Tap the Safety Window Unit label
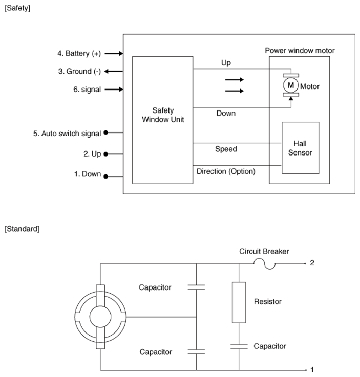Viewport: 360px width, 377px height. (x=163, y=115)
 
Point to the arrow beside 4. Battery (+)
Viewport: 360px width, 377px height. (x=114, y=53)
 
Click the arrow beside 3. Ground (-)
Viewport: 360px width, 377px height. (x=114, y=72)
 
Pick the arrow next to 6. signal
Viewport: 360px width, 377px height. (x=114, y=90)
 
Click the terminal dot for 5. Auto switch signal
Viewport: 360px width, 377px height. (x=105, y=132)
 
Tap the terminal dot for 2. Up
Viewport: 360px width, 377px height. (x=105, y=154)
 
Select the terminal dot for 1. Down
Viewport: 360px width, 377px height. (x=105, y=176)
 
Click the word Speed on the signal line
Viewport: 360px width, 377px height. (x=226, y=149)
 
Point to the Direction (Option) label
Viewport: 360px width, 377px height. (x=226, y=171)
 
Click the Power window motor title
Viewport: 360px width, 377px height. (x=300, y=51)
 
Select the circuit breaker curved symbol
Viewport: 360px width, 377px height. (x=264, y=263)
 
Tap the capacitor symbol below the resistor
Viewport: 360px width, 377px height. (x=239, y=346)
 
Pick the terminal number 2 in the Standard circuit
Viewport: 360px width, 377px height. (x=312, y=263)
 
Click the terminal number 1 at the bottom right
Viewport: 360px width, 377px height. (x=312, y=369)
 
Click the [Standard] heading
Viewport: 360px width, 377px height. (x=22, y=229)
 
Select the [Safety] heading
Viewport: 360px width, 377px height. (x=17, y=8)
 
